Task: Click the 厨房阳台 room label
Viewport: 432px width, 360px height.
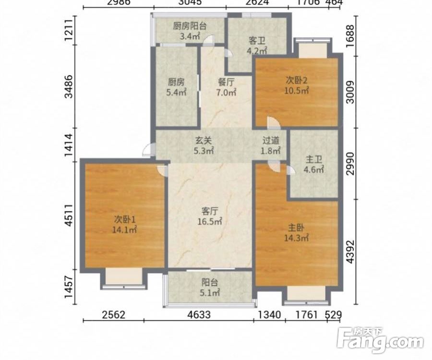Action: tap(190, 26)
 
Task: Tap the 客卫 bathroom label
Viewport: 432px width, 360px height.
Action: tap(257, 41)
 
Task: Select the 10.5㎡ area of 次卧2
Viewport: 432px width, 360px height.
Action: tap(297, 90)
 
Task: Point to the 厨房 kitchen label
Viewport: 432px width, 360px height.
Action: tap(176, 82)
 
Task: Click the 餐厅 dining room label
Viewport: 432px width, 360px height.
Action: tap(226, 82)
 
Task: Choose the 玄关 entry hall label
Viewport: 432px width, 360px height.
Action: tap(204, 141)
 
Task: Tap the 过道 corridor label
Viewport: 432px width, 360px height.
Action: tap(271, 141)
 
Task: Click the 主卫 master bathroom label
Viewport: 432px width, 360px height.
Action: tap(314, 160)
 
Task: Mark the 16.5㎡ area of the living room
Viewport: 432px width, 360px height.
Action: tap(210, 221)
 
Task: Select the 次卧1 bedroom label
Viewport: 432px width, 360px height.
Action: tap(124, 219)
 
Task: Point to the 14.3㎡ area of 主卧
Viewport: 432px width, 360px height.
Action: tap(297, 238)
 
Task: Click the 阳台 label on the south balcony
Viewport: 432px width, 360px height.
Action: tap(210, 283)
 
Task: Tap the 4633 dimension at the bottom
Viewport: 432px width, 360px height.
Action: tap(198, 314)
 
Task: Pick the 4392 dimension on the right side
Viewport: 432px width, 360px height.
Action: tap(350, 252)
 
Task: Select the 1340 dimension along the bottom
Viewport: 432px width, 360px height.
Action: tap(269, 314)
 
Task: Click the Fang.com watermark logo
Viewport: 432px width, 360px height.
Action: tap(380, 340)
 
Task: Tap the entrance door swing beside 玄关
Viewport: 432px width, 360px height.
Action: tap(147, 150)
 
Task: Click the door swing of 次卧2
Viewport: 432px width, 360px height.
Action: tap(274, 123)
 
